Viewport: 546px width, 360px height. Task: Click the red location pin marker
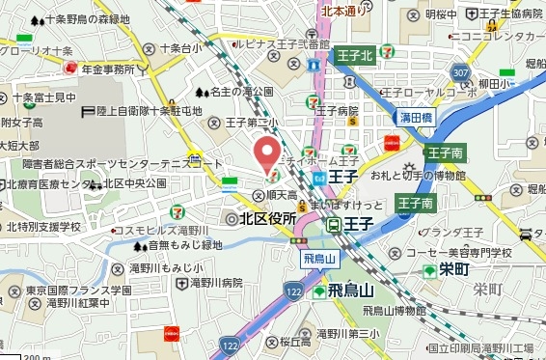[267, 154]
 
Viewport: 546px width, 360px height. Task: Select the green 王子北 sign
[354, 56]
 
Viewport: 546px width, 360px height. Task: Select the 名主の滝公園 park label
[242, 93]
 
